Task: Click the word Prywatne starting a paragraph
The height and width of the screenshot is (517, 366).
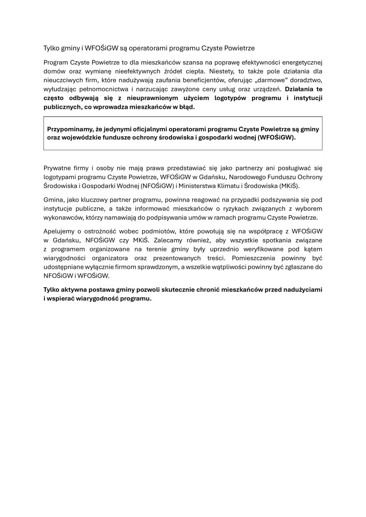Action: [57, 168]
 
